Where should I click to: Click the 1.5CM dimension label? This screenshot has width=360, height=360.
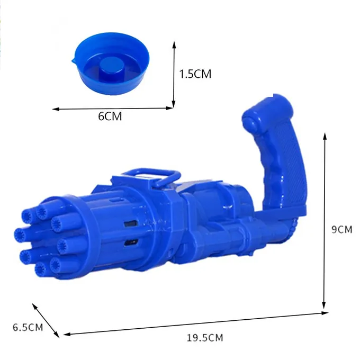195,74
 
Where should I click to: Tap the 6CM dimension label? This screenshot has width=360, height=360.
110,116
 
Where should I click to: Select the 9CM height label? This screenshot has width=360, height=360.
341,229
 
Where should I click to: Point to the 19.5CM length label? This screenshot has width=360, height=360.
205,338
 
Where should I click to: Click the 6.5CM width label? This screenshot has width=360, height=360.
28,327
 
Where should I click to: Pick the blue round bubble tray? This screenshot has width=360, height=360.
111,64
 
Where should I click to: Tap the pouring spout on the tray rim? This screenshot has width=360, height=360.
74,60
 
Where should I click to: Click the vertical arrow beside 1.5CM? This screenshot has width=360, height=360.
174,75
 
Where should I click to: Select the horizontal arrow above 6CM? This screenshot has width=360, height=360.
112,109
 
